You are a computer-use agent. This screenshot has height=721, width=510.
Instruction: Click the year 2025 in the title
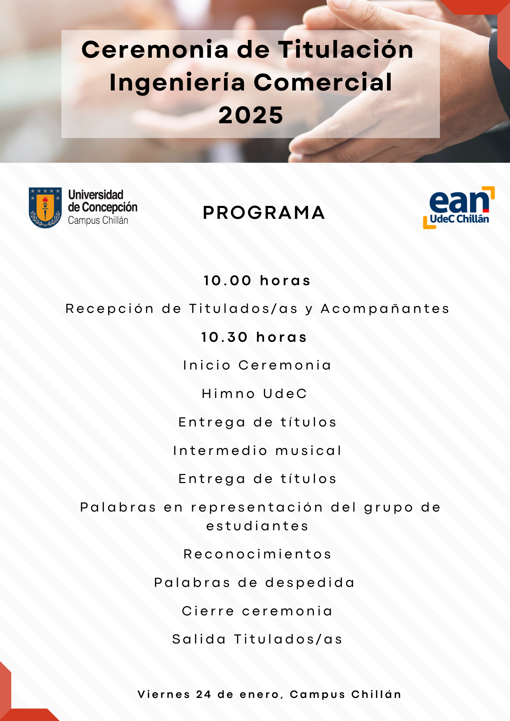pos(251,115)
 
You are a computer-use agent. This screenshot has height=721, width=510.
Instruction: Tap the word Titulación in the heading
pos(346,49)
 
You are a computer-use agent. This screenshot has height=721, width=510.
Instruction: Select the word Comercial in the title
pos(323,82)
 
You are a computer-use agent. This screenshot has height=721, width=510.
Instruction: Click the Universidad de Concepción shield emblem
pos(45,208)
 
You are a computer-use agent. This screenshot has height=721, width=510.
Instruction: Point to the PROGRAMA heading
pos(264,213)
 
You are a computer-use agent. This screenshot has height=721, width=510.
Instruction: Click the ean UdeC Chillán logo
pos(459,208)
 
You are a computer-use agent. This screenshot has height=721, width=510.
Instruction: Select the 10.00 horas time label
pos(257,280)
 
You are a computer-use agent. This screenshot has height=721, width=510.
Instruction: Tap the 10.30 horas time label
pos(254,337)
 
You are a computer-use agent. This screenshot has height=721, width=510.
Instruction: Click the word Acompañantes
pos(385,309)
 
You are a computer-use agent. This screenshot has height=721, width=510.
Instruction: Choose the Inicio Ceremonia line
pos(257,365)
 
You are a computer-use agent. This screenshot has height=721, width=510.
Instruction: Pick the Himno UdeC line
pos(254,394)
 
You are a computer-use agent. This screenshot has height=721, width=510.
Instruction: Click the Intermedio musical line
pos(257,451)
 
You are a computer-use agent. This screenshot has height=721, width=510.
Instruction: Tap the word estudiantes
pos(257,526)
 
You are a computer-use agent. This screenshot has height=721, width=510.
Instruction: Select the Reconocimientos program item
pos(257,554)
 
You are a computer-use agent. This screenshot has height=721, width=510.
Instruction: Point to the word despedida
pos(310,583)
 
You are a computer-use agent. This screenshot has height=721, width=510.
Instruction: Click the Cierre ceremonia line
pos(257,611)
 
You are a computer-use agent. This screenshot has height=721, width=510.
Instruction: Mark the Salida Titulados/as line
pos(257,639)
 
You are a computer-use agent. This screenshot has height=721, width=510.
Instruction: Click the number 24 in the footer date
pos(204,694)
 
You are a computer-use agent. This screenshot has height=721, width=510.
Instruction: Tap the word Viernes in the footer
pos(164,694)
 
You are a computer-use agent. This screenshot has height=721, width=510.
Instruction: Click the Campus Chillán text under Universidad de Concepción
pos(98,220)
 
